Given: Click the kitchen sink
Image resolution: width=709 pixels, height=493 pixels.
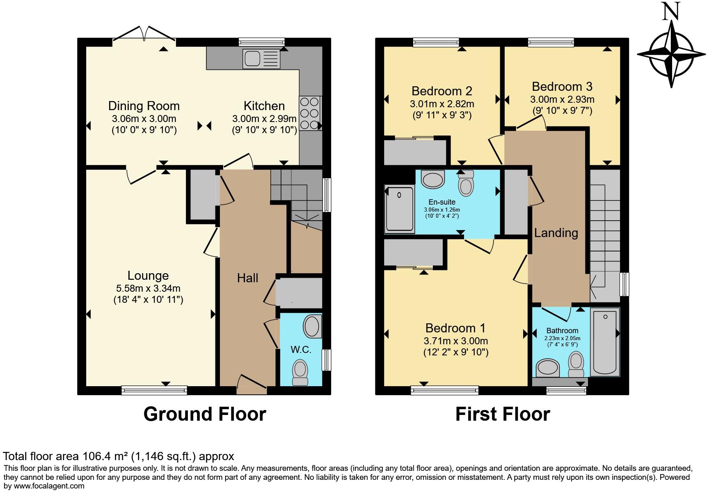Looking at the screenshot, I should (261, 58).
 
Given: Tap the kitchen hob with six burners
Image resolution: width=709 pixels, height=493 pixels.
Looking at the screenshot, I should (310, 113).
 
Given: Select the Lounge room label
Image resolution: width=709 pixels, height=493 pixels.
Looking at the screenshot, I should (148, 276).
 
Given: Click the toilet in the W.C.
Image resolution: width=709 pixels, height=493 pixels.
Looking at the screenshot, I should (300, 372).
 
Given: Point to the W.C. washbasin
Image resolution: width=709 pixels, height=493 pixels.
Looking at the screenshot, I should (313, 327).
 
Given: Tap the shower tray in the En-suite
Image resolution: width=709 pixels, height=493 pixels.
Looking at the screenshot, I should (400, 209).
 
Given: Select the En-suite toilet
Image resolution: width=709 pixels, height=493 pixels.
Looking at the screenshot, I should (466, 183).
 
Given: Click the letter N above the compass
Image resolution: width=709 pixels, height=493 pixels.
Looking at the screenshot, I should (671, 11).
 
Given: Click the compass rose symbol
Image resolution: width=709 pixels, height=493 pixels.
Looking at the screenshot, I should (671, 54).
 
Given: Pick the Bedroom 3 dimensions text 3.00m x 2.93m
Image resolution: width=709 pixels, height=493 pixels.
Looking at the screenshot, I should (562, 99).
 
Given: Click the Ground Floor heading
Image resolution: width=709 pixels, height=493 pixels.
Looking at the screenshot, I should (204, 414).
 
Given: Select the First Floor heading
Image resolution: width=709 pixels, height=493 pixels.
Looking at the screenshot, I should (502, 414).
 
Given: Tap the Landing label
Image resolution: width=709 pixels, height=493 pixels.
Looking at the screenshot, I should (556, 233).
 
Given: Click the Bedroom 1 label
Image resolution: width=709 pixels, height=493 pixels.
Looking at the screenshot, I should (455, 328).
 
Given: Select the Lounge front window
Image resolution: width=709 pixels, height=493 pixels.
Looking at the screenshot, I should (154, 390).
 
